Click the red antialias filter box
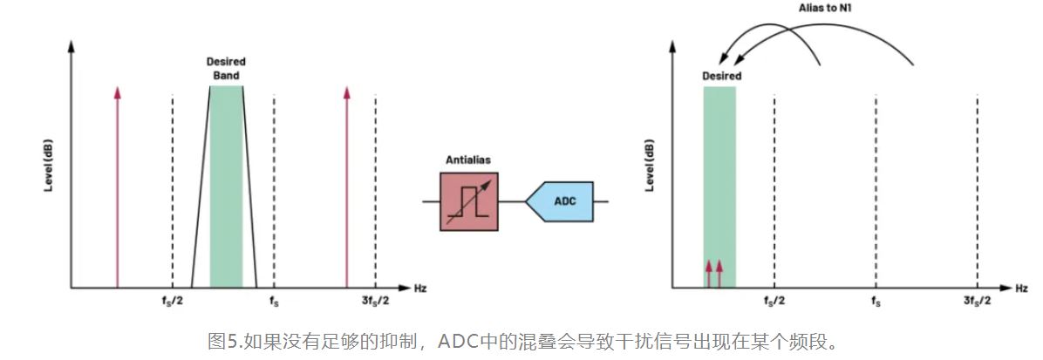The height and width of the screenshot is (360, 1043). tap(469, 201)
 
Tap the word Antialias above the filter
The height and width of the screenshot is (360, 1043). tap(469, 160)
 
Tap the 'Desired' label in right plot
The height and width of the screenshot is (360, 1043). tap(722, 77)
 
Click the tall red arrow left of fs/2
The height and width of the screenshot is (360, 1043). tap(117, 187)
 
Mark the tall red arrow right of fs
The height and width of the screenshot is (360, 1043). tap(347, 187)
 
